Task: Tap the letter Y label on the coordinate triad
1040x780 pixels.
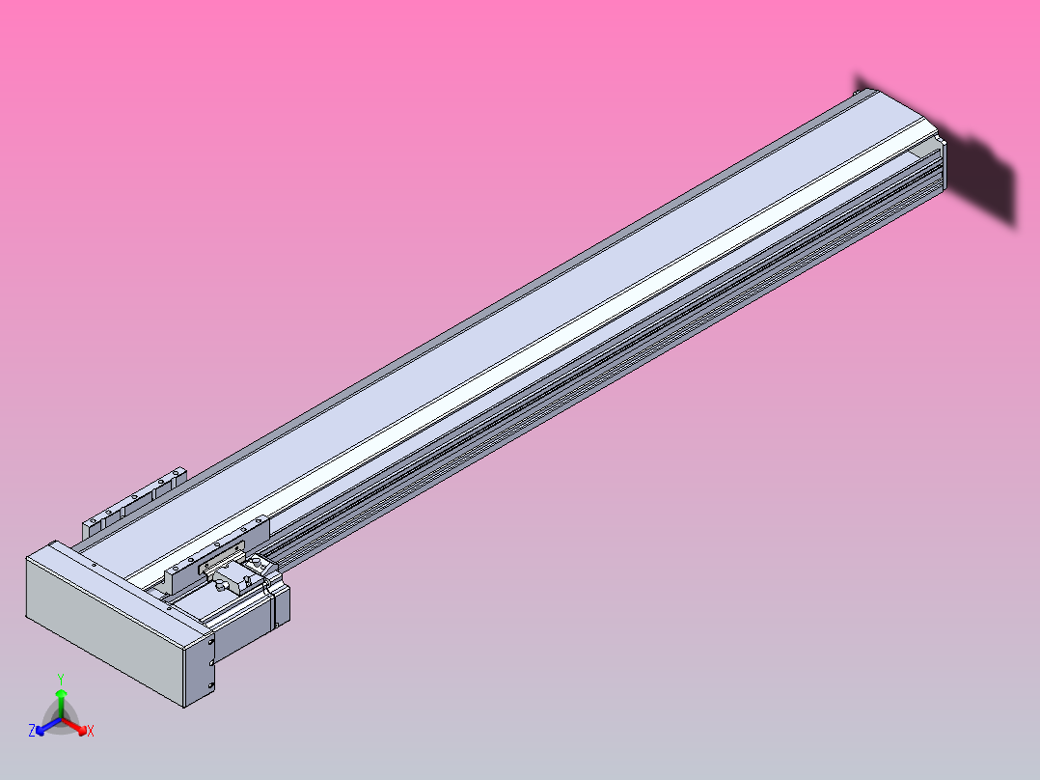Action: (x=61, y=679)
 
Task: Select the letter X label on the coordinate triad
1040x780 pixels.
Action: (x=91, y=732)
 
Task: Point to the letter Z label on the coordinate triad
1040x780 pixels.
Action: (x=32, y=731)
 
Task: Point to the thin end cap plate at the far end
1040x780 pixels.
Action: (x=942, y=170)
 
